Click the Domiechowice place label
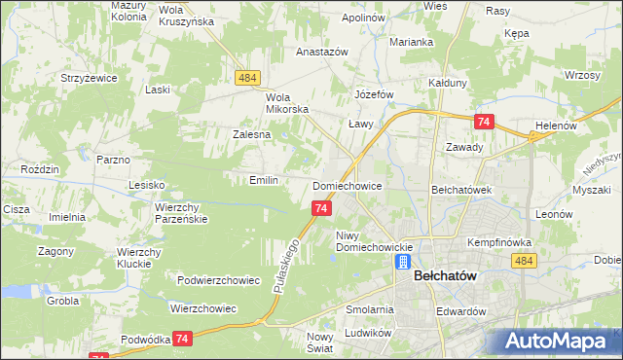352,185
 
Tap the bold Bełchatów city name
445,275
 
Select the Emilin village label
264,180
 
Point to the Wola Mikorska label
288,103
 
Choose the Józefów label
374,94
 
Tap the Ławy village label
362,125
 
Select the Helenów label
557,126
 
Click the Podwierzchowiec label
219,280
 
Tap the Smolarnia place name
369,309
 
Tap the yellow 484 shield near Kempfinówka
524,261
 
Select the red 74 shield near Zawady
484,122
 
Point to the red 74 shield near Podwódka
182,338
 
